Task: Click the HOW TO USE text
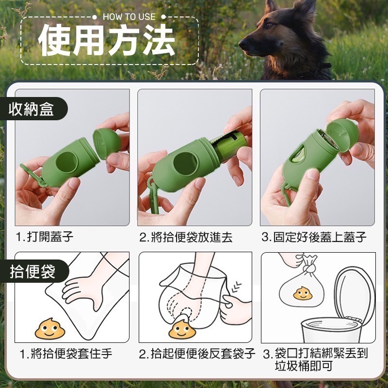[129, 16]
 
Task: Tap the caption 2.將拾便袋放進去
[186, 237]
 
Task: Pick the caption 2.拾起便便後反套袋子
[197, 354]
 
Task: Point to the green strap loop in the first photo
[34, 175]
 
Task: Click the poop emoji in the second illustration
[182, 328]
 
